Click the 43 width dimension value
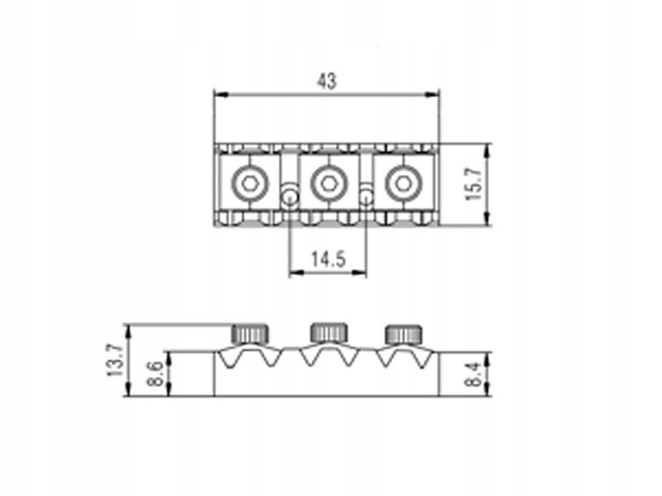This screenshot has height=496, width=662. tap(326, 81)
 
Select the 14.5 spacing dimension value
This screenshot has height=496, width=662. tap(328, 259)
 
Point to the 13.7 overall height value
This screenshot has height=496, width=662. tap(114, 360)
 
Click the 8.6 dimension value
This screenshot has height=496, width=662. tap(157, 374)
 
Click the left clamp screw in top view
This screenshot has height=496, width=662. tap(250, 183)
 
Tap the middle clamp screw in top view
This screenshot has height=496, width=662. tap(326, 183)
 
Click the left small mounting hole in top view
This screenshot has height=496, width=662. tap(289, 196)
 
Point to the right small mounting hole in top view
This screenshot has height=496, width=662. tap(365, 196)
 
